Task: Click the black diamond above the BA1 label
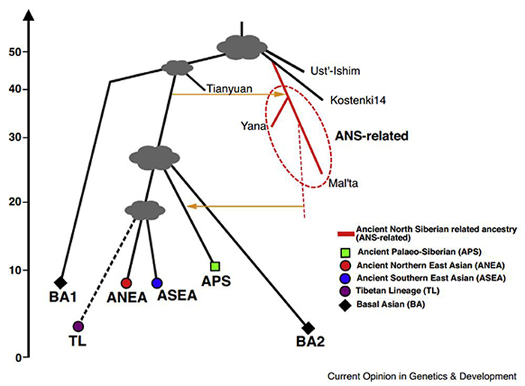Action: [61, 282]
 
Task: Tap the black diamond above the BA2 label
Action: [307, 328]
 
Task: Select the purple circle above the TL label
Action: [78, 327]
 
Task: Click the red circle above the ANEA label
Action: [126, 283]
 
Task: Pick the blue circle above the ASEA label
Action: [157, 283]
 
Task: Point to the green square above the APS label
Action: [215, 266]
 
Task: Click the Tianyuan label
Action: [226, 88]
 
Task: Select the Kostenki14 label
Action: [354, 99]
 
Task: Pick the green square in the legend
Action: [344, 251]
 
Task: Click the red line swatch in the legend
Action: [345, 232]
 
